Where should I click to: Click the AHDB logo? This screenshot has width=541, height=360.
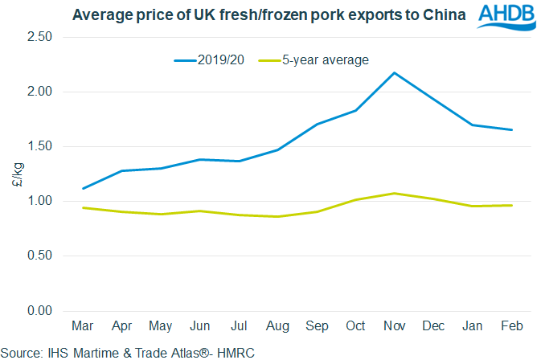pos(507,17)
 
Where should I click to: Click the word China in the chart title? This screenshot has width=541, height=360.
pos(439,14)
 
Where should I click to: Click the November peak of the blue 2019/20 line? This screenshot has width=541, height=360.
pos(393,73)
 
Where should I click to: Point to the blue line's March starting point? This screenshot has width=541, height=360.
pos(83,189)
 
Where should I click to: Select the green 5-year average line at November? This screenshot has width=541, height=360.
pos(393,193)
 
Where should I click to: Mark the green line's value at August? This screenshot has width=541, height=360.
pos(277,216)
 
